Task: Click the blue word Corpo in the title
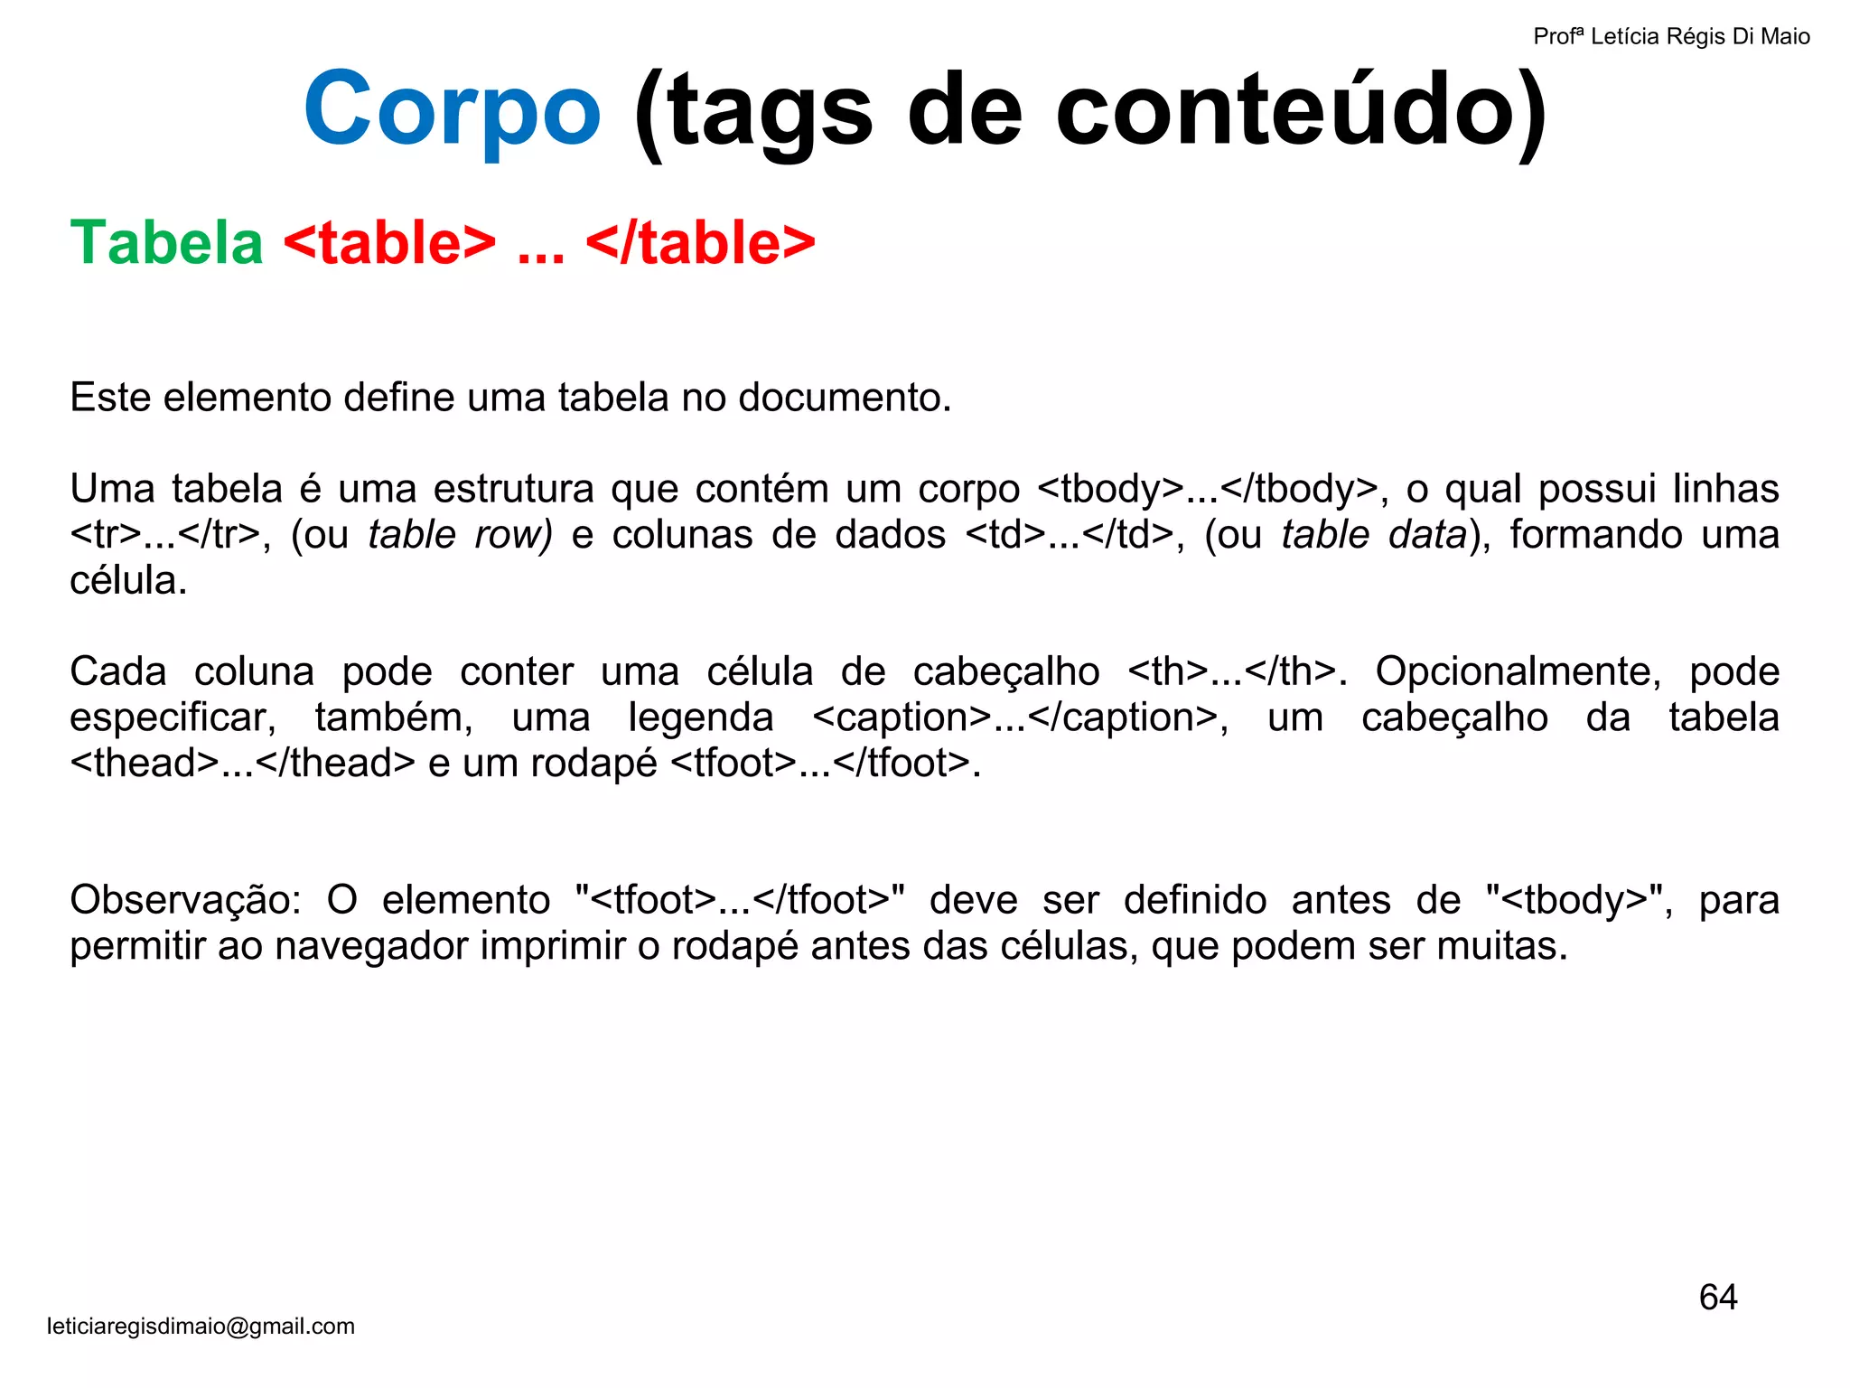point(452,110)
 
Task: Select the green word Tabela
point(166,243)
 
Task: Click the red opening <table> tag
point(389,243)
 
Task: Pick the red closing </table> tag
point(700,243)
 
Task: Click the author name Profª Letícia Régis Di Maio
point(1671,37)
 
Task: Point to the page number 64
point(1717,1298)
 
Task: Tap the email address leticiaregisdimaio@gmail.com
point(201,1327)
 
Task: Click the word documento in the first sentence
point(845,398)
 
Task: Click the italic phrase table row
point(460,535)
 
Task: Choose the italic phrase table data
point(1374,535)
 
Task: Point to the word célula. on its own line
point(128,581)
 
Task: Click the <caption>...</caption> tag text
point(1020,717)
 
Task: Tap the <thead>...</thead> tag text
point(242,764)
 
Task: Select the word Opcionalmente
point(1518,671)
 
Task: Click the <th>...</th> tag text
point(1237,671)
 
